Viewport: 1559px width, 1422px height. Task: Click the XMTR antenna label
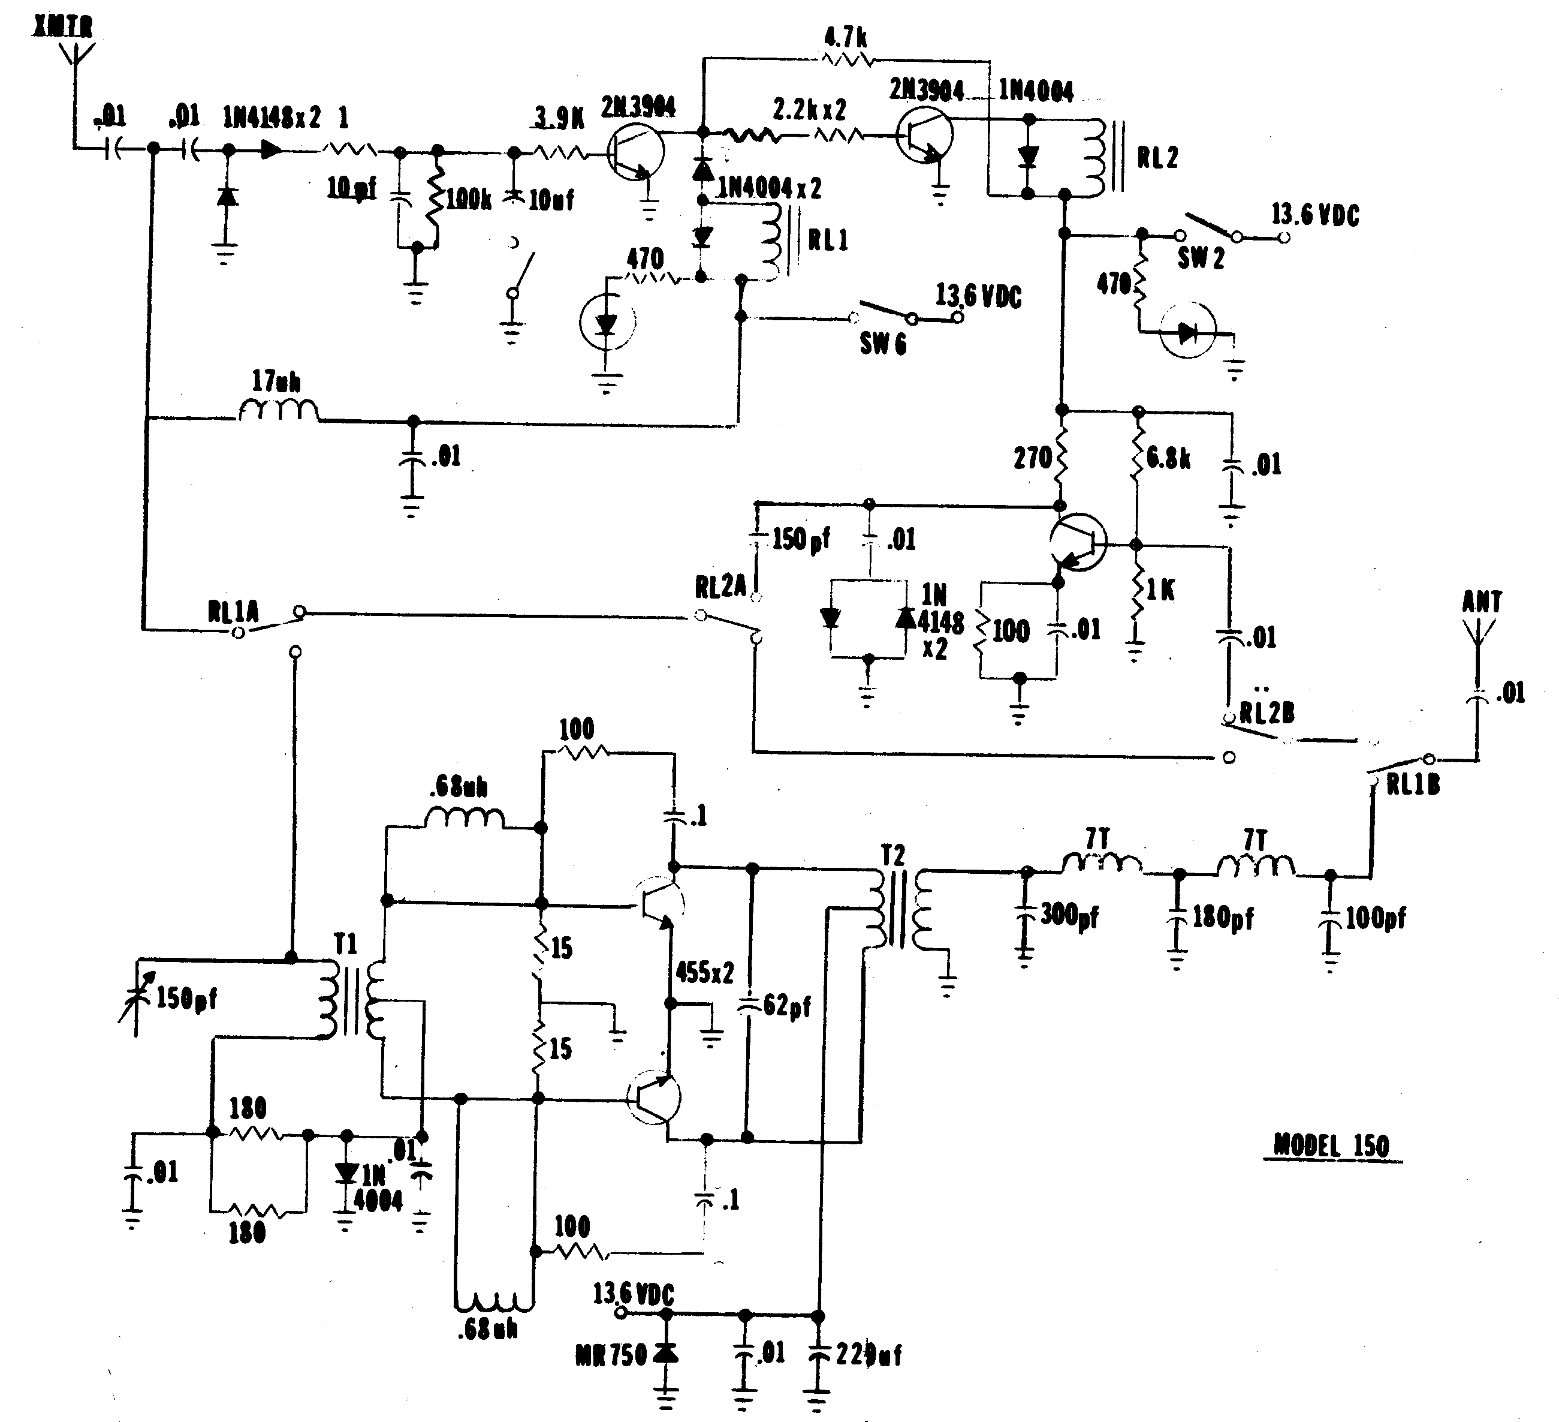(x=64, y=27)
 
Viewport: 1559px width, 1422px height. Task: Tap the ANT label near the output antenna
(x=1482, y=602)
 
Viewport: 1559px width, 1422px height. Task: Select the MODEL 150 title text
(x=1332, y=1146)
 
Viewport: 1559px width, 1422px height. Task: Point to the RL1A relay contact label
(x=233, y=613)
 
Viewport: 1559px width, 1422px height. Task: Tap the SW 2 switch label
(x=1201, y=258)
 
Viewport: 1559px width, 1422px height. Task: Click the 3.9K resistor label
(x=559, y=118)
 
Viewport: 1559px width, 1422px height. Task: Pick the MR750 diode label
(x=611, y=1355)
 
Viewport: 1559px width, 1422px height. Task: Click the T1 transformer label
(x=346, y=944)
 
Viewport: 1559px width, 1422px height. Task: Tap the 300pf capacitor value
(x=1069, y=915)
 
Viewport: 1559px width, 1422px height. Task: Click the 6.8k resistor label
(x=1168, y=458)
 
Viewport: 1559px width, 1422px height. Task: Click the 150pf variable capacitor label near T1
(x=186, y=998)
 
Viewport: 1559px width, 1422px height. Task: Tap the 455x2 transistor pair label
(x=704, y=973)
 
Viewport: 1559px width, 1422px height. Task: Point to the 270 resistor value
(x=1032, y=458)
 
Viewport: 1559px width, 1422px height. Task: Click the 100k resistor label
(x=469, y=199)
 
